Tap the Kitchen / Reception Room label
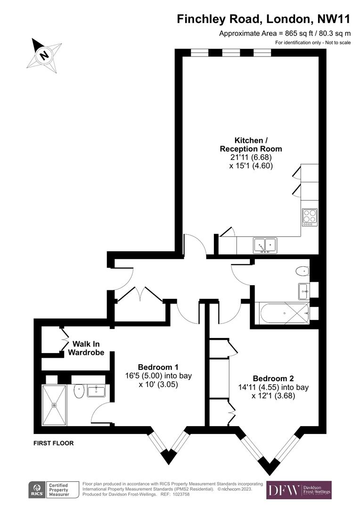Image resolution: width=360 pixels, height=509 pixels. pyautogui.click(x=251, y=144)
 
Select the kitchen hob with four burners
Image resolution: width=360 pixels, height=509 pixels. pyautogui.click(x=310, y=217)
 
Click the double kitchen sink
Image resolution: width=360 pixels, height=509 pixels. pyautogui.click(x=265, y=245)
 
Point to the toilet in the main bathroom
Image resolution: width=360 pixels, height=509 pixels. pyautogui.click(x=302, y=271)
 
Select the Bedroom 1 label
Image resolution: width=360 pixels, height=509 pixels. pyautogui.click(x=158, y=367)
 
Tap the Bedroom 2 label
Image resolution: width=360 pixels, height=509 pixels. pyautogui.click(x=273, y=378)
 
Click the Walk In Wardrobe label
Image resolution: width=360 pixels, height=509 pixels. pyautogui.click(x=86, y=348)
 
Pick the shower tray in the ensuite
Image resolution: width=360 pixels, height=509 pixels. pyautogui.click(x=54, y=405)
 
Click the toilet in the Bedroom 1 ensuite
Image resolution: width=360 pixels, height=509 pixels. pyautogui.click(x=79, y=391)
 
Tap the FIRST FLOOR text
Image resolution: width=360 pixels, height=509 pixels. pyautogui.click(x=53, y=443)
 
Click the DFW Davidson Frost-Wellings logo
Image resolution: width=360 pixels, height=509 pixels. pyautogui.click(x=299, y=490)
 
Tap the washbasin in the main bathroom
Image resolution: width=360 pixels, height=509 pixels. pyautogui.click(x=303, y=292)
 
